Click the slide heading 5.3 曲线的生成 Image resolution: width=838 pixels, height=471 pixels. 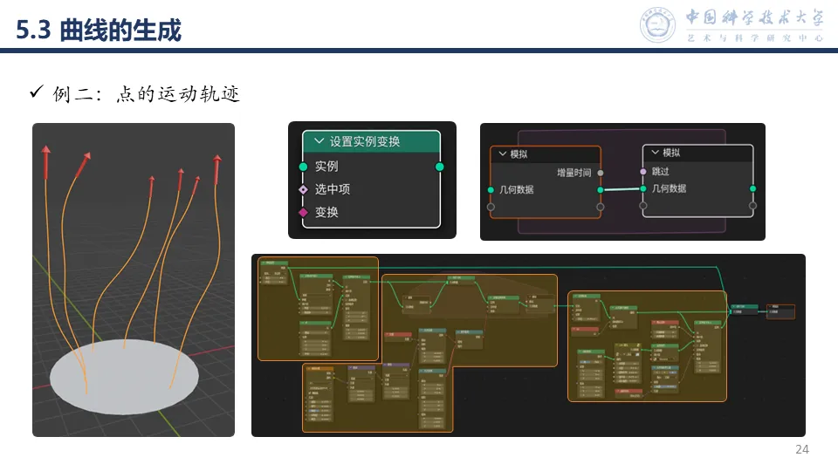click(x=100, y=31)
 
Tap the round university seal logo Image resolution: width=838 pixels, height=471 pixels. click(x=658, y=24)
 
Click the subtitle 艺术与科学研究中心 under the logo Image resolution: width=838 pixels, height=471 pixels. click(x=755, y=38)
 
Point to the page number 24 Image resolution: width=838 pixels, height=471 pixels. click(x=802, y=450)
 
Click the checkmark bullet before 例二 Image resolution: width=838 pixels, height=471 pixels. click(x=37, y=92)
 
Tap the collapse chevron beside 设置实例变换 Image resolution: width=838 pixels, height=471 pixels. click(x=318, y=141)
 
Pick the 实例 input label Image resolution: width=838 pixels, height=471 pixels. click(x=326, y=166)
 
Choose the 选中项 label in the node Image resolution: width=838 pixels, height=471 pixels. click(x=333, y=188)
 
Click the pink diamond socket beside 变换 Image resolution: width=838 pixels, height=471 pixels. click(x=303, y=212)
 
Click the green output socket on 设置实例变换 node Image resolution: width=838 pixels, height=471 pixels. click(x=440, y=166)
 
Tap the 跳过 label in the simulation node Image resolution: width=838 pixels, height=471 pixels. click(x=661, y=172)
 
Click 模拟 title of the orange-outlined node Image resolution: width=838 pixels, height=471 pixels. click(x=519, y=154)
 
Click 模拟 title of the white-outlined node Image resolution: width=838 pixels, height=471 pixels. click(x=671, y=153)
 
